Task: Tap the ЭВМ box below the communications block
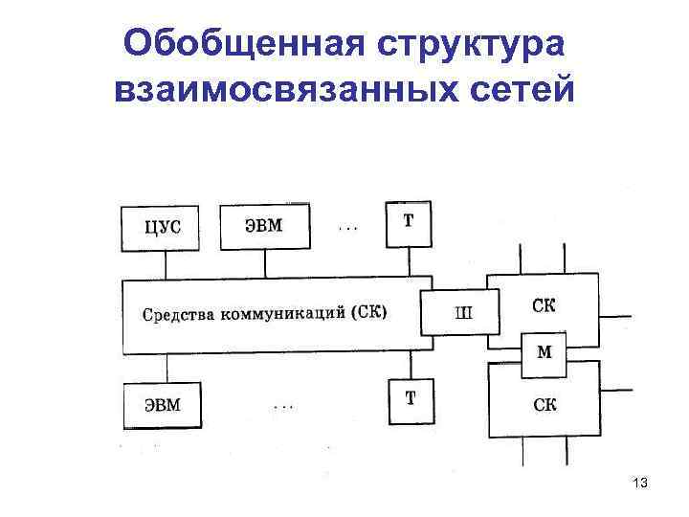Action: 163,404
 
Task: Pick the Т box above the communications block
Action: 409,221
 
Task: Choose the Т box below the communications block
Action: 410,399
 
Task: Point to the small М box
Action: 544,352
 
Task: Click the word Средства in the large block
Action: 179,314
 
